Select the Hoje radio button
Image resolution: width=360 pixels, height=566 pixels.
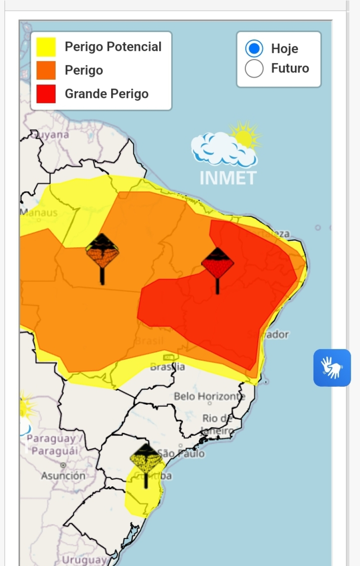point(254,49)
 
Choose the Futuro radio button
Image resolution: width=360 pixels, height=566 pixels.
point(254,68)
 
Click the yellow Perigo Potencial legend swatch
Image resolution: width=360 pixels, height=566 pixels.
point(46,47)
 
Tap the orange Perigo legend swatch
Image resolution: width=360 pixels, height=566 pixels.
point(46,70)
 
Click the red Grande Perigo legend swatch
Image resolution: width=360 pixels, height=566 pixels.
point(46,94)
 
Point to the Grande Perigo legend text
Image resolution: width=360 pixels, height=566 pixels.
point(106,94)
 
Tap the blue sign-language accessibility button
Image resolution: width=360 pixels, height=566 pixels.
point(332,368)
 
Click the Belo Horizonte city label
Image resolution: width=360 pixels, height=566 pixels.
point(209,396)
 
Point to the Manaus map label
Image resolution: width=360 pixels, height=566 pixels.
point(39,213)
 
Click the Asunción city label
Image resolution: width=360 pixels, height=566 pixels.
point(63,476)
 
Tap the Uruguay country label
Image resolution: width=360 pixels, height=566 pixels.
point(84,560)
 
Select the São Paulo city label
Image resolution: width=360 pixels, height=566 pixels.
point(182,454)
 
